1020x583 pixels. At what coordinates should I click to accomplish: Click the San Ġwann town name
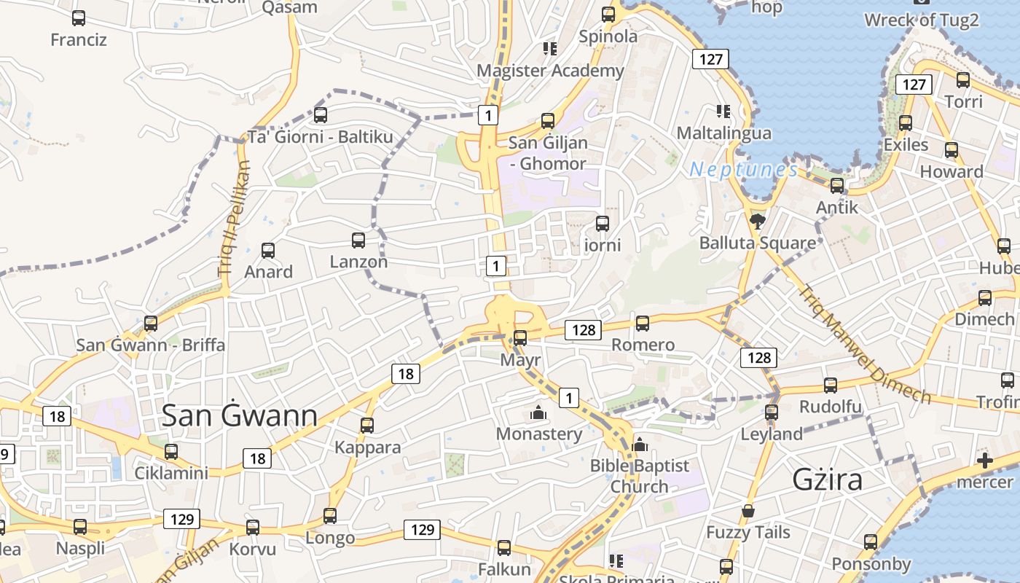click(239, 416)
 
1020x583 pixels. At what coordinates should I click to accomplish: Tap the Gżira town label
click(827, 480)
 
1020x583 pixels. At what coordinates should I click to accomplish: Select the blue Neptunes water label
click(744, 170)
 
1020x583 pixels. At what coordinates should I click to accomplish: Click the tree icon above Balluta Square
click(758, 220)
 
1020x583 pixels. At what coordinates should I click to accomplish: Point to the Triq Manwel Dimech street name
click(865, 343)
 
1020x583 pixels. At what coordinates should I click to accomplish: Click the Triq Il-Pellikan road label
click(234, 219)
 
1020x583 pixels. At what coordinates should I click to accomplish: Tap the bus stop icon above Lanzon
click(358, 240)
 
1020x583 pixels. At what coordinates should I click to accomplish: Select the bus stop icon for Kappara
click(367, 425)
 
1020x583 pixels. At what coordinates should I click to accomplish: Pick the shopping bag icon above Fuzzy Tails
click(748, 511)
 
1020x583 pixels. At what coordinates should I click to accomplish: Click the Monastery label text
click(539, 434)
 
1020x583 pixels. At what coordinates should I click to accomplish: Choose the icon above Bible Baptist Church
click(640, 445)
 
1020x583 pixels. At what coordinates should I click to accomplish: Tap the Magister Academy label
click(550, 71)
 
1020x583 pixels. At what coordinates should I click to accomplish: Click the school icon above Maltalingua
click(723, 111)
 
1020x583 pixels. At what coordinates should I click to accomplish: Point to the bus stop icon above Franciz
click(79, 18)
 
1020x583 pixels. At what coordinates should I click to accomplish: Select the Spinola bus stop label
click(608, 36)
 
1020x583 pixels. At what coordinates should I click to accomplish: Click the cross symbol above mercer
click(985, 461)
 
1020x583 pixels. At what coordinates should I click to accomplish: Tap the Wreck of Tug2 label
click(922, 20)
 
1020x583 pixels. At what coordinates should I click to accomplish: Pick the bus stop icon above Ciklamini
click(171, 452)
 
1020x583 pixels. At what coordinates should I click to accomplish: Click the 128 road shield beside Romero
click(584, 330)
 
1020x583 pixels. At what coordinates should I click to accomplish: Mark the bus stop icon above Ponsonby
click(871, 542)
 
